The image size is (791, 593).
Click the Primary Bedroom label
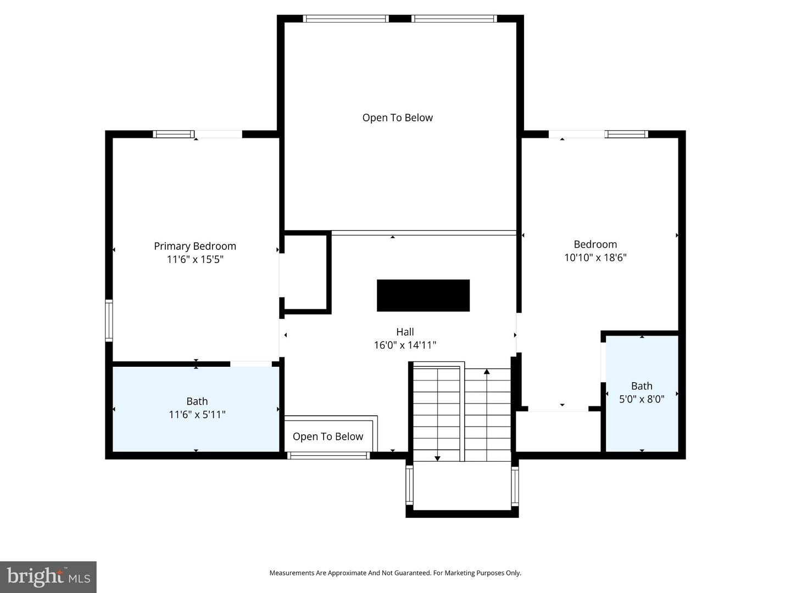[195, 246]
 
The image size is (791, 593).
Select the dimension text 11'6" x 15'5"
[195, 259]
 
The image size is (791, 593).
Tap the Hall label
[405, 332]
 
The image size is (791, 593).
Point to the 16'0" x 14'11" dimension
[405, 345]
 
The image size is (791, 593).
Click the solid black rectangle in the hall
[423, 295]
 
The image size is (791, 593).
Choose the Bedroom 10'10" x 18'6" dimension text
[595, 257]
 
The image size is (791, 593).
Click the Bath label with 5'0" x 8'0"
[642, 386]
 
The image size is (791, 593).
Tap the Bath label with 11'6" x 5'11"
[197, 401]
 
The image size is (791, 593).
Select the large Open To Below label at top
[397, 118]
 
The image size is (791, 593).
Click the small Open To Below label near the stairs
[328, 437]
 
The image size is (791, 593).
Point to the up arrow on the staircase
[487, 372]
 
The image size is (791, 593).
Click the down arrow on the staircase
[437, 457]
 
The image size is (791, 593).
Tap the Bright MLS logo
[48, 577]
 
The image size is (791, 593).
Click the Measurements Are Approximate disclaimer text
[395, 573]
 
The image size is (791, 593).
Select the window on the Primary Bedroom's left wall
[109, 321]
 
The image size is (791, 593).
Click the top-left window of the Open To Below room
[346, 19]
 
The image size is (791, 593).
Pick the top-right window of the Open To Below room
[454, 19]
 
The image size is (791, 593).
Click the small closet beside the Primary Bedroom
[305, 272]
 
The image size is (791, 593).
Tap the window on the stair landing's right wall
[515, 486]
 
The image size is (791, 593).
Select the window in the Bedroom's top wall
[626, 134]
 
